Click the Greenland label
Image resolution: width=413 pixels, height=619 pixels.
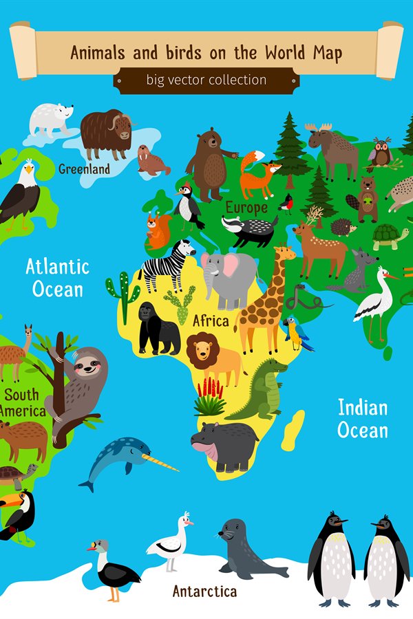point(84,169)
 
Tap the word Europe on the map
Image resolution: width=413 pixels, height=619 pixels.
point(246,207)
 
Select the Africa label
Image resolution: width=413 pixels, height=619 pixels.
point(211,321)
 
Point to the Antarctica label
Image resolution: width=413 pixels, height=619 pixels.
point(204,591)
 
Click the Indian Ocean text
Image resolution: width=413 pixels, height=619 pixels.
point(363,419)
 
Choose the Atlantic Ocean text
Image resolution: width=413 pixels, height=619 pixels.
point(58,277)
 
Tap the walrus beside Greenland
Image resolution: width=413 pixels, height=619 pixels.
point(151,160)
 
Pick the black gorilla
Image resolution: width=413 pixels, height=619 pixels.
point(157,329)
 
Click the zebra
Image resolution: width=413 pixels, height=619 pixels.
point(168,265)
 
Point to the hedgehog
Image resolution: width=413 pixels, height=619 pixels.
point(343,226)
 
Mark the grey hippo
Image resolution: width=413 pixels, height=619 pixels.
point(222,444)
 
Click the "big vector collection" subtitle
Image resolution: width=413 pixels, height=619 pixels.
point(206,80)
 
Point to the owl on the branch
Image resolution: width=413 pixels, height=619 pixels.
point(381,153)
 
